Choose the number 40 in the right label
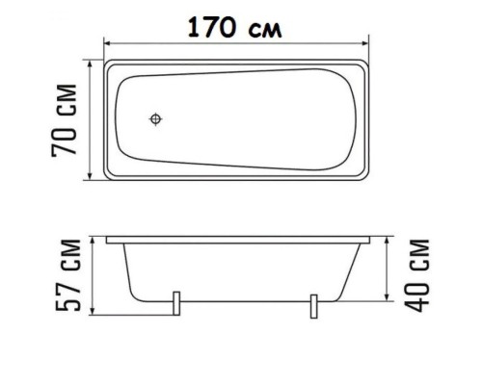416,293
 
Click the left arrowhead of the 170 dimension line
108,43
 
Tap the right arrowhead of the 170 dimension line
367,43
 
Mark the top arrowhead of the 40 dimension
388,237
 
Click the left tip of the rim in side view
105,235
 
